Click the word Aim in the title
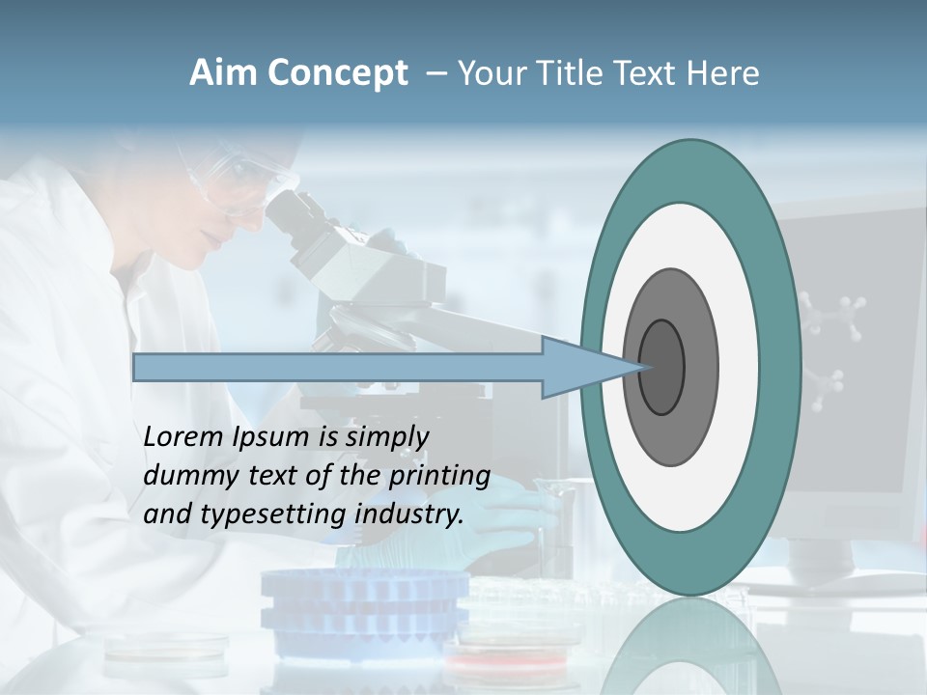click(223, 73)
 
